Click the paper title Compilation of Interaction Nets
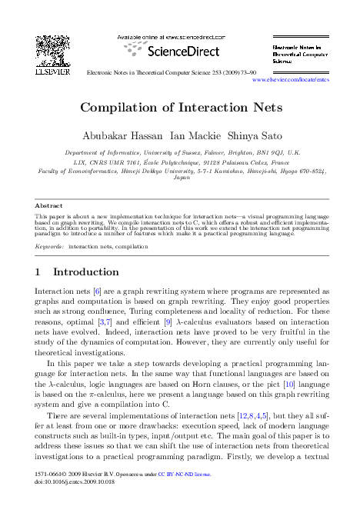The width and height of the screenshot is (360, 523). tap(180, 108)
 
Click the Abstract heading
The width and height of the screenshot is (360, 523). tap(50, 206)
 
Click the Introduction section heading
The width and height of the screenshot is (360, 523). tap(86, 272)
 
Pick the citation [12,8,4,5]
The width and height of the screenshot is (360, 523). tap(255, 415)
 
